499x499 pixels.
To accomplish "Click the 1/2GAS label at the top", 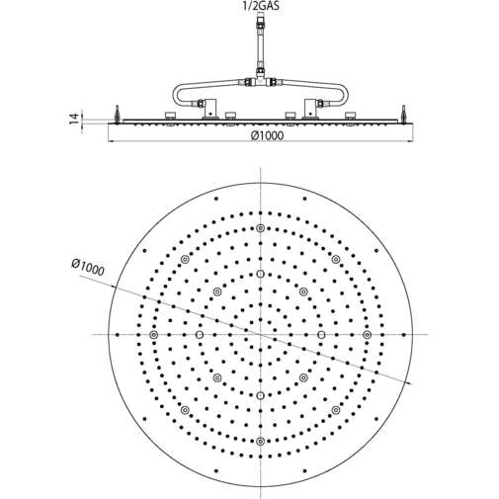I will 259,8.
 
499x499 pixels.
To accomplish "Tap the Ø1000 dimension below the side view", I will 265,136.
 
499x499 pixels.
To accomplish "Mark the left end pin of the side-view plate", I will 118,113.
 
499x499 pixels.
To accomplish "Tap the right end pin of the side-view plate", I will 402,113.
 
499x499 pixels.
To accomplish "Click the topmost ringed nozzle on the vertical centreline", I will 260,228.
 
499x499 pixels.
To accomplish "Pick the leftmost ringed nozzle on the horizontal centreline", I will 153,335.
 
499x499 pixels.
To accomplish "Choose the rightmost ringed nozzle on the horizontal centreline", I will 367,335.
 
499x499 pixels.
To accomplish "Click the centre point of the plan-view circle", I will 260,335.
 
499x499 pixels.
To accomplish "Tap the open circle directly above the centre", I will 260,274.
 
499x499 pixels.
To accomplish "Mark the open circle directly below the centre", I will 260,396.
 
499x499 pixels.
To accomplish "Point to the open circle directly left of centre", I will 199,335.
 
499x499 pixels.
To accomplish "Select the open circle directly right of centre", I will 321,335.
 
